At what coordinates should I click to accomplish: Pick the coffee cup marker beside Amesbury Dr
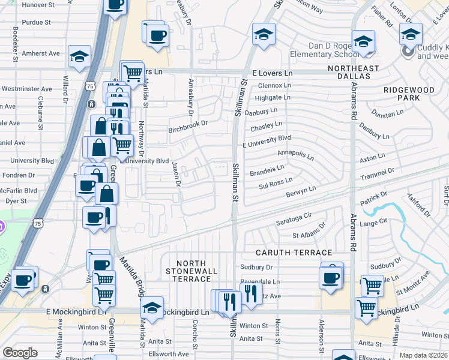pos(158,34)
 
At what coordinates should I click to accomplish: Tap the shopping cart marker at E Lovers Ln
pos(133,73)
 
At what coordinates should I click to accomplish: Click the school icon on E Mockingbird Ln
pos(152,307)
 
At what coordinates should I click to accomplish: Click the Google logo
pos(20,353)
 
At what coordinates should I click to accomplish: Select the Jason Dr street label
pos(176,173)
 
